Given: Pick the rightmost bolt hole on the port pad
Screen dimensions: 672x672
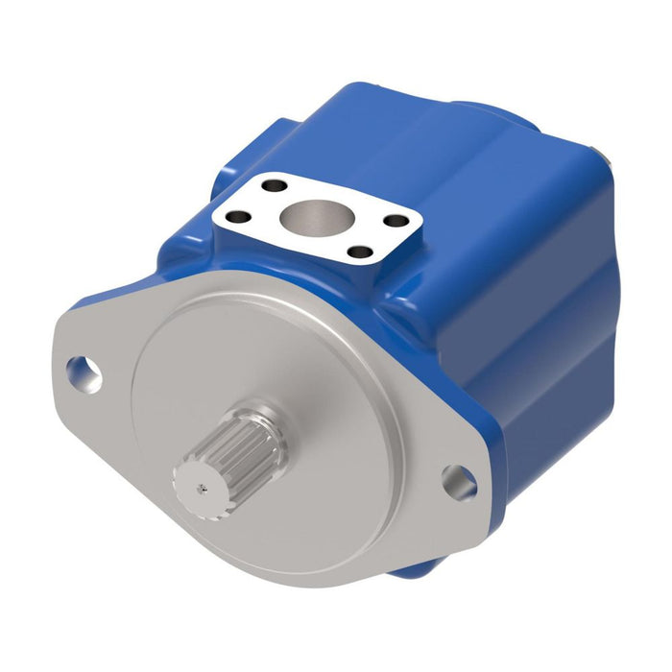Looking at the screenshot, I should [395, 220].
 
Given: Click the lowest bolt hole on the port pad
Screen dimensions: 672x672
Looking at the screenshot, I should [358, 253].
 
